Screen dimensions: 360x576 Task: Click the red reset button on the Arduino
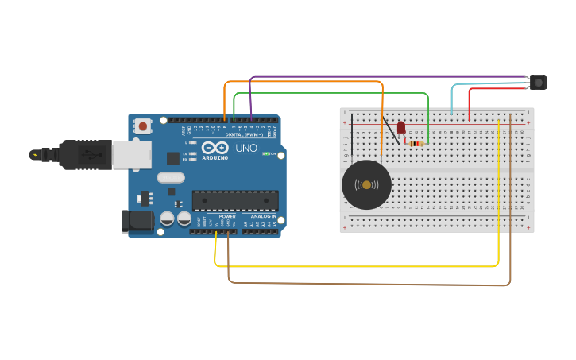[143, 125]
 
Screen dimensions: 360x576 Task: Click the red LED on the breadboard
[401, 127]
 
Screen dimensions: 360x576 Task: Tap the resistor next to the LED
[416, 143]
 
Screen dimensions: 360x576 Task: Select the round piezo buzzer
[366, 185]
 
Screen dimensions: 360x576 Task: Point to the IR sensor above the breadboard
[539, 82]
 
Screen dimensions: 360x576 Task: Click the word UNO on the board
[246, 148]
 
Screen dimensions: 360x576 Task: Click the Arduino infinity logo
[215, 147]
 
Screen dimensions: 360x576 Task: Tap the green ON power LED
[268, 153]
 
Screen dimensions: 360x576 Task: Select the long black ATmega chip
[235, 200]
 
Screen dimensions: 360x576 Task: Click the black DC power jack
[137, 222]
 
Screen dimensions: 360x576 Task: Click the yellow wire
[358, 266]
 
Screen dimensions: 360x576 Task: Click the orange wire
[302, 82]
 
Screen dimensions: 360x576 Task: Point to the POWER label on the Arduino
[227, 215]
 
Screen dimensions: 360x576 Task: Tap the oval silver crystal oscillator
[171, 178]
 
